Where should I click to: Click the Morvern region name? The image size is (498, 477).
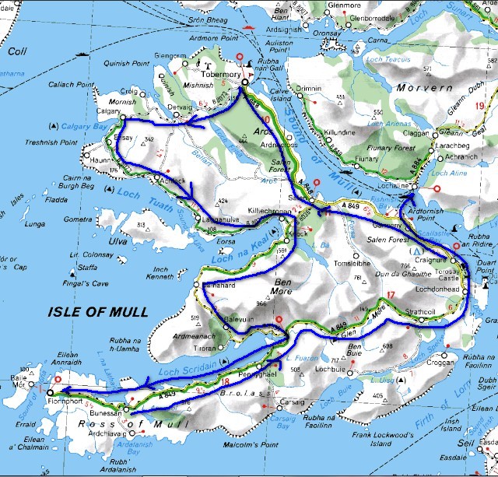[423, 89]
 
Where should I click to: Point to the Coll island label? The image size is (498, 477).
[16, 51]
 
